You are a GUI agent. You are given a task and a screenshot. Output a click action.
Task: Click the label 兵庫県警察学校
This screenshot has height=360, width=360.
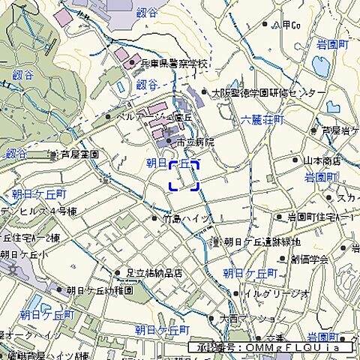coord(174,64)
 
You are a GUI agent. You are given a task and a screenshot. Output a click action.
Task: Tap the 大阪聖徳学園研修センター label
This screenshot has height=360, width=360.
coord(268,93)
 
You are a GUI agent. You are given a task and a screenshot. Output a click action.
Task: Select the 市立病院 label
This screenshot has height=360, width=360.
coord(195,142)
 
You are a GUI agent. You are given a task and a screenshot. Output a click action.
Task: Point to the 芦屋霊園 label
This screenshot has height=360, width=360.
coord(79,155)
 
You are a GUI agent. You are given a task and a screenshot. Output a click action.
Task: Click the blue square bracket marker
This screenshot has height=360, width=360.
coord(184,175)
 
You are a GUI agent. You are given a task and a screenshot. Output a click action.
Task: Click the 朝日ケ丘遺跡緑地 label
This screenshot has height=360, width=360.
coord(262,242)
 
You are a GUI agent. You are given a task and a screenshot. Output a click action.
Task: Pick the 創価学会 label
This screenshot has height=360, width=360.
coord(310,259)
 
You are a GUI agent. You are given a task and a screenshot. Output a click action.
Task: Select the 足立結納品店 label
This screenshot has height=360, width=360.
coord(154,274)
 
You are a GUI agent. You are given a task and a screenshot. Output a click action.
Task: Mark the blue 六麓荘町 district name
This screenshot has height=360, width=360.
coord(262,120)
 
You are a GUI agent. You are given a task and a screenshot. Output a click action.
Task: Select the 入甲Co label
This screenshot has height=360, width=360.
coord(286,25)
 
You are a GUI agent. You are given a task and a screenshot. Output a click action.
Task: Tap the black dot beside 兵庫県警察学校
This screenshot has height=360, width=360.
coord(133,64)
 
